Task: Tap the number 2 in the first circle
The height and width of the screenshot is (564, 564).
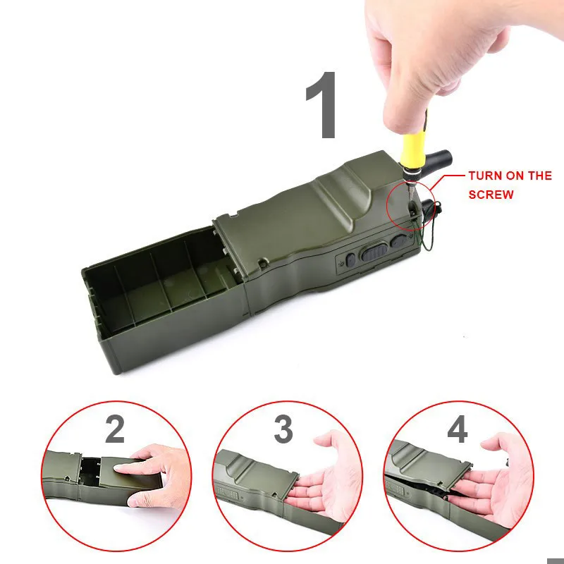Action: point(115,430)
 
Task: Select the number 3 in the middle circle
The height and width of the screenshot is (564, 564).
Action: point(283,429)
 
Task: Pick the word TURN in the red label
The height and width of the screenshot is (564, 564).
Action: point(485,176)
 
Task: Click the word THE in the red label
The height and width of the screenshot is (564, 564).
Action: point(539,176)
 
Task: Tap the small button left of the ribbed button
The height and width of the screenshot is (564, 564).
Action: point(350,259)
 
